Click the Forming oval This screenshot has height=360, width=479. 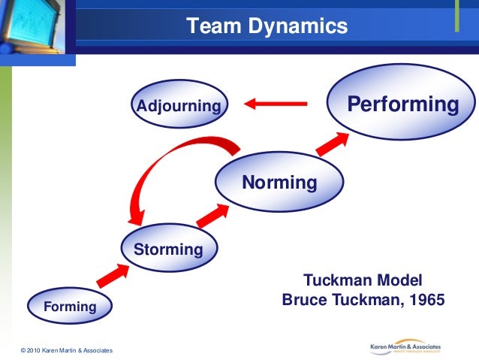coord(69,306)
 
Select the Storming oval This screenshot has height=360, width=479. coord(169,249)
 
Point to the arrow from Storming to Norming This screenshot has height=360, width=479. coord(212,213)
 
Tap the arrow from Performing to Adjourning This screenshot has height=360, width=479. coord(276,104)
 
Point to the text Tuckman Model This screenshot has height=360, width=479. coord(363,280)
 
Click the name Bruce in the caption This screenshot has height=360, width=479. coord(304,300)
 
